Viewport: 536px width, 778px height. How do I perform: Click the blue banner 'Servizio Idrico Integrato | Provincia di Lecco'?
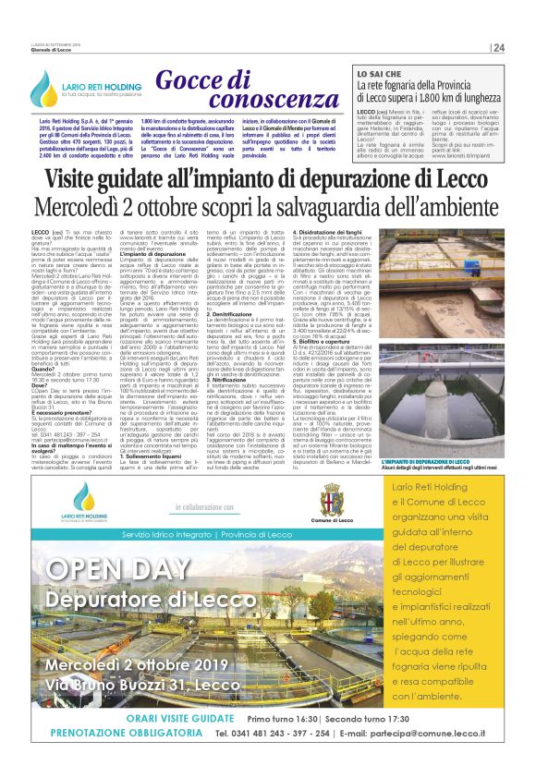tap(199, 535)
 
